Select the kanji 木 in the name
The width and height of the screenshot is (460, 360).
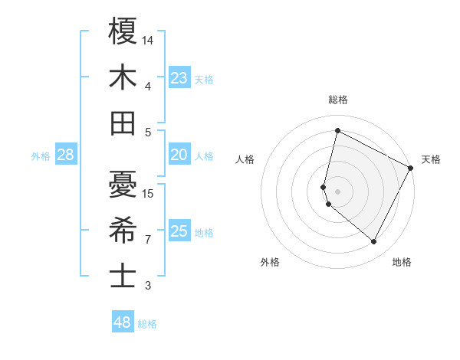123,77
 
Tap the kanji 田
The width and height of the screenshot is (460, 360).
123,123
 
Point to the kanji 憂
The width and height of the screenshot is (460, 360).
123,184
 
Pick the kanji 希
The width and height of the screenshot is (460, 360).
123,230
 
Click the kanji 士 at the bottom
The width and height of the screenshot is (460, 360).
123,276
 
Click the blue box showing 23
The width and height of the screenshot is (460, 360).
179,78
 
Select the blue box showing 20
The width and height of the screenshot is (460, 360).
179,155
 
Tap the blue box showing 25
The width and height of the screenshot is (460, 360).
179,232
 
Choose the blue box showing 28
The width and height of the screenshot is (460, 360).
66,155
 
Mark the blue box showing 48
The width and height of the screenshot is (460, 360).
123,322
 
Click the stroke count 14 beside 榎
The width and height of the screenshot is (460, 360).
148,39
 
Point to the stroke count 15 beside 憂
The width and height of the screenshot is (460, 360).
148,193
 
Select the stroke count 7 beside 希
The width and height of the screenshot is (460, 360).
148,239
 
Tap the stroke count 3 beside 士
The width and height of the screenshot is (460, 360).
148,286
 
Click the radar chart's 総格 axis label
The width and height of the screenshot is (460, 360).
338,100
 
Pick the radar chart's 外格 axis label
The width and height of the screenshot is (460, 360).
269,262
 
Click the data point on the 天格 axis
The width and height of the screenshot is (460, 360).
411,167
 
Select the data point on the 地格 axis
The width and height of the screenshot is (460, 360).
373,241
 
